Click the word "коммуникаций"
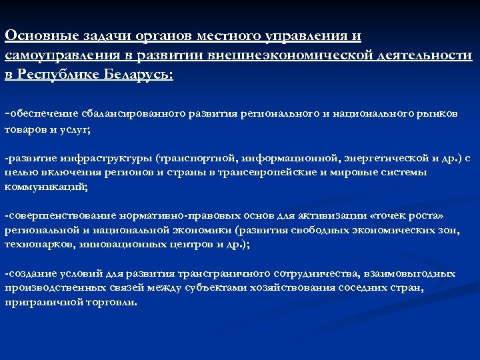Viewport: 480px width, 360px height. (x=45, y=187)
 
